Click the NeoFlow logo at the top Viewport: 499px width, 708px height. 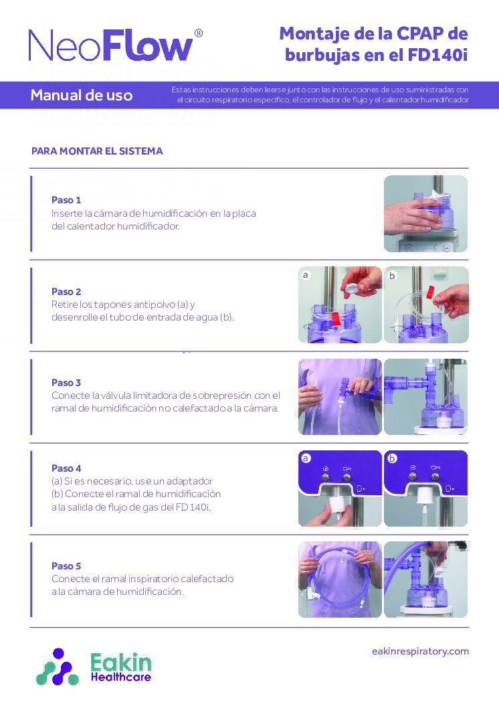click(x=111, y=46)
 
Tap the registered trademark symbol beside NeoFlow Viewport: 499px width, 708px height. click(x=198, y=33)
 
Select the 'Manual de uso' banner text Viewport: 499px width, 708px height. click(x=82, y=95)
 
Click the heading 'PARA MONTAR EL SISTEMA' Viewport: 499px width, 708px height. click(x=97, y=151)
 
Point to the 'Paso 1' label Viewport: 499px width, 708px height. click(x=66, y=200)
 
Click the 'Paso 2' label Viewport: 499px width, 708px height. click(x=66, y=292)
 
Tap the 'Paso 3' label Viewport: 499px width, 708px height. click(x=66, y=383)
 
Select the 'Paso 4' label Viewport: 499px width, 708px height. click(x=66, y=468)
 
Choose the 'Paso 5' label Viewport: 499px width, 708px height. click(x=66, y=566)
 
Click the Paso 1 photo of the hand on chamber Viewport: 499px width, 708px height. click(x=425, y=213)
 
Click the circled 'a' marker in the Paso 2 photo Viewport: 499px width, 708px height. click(x=306, y=275)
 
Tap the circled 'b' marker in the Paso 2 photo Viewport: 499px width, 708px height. click(x=392, y=275)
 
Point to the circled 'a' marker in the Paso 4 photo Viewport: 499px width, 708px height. click(x=306, y=458)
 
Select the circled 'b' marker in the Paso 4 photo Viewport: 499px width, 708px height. click(x=392, y=458)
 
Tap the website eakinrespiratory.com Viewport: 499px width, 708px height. click(x=420, y=651)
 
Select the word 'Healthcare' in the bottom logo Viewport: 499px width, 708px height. click(x=120, y=677)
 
